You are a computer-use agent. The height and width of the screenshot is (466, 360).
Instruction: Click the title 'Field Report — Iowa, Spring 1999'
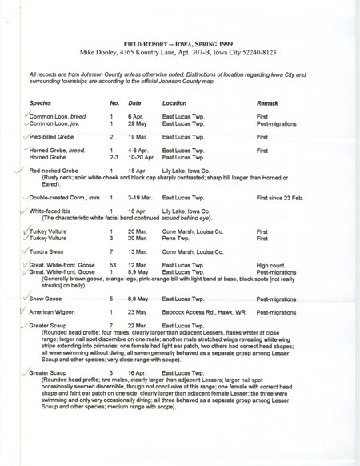coord(180,47)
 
